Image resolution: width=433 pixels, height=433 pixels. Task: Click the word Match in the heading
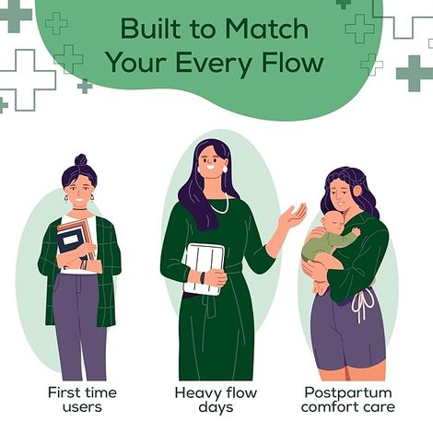pyautogui.click(x=266, y=29)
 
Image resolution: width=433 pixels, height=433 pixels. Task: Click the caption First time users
pyautogui.click(x=82, y=400)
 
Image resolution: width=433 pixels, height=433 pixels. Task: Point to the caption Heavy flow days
pyautogui.click(x=216, y=400)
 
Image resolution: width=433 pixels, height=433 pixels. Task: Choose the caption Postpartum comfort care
pyautogui.click(x=348, y=400)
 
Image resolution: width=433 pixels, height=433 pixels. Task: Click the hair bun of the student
pyautogui.click(x=81, y=160)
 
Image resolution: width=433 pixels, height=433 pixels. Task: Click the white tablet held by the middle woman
pyautogui.click(x=204, y=269)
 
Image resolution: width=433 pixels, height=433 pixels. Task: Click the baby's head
pyautogui.click(x=331, y=223)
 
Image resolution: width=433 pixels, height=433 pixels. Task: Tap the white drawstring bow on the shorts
pyautogui.click(x=363, y=304)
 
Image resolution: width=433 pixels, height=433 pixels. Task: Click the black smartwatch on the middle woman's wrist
pyautogui.click(x=203, y=278)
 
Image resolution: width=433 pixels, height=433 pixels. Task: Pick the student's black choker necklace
pyautogui.click(x=79, y=210)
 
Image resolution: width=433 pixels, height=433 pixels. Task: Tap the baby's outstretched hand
pyautogui.click(x=357, y=231)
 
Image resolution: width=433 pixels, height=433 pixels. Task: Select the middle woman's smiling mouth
pyautogui.click(x=211, y=168)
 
